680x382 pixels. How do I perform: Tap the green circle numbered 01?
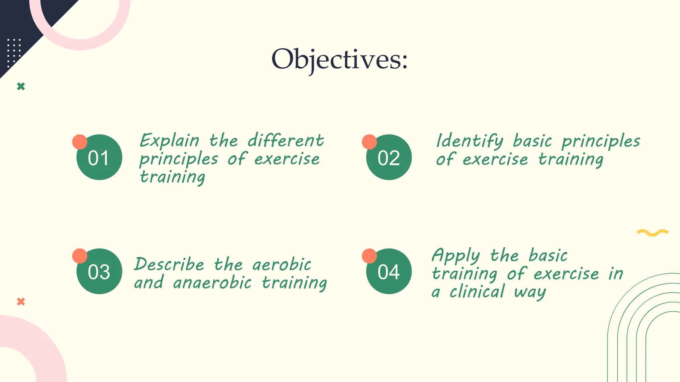pos(99,158)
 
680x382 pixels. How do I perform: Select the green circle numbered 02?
pos(389,158)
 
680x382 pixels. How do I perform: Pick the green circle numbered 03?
pos(99,272)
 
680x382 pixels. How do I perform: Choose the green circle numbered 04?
pos(389,272)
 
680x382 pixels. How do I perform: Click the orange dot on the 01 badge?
pos(80,142)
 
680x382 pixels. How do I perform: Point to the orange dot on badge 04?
pos(369,256)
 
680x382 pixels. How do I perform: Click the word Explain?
pos(169,141)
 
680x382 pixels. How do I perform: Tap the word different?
pos(286,141)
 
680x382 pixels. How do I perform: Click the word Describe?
pos(169,265)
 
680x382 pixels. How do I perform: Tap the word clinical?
pos(477,292)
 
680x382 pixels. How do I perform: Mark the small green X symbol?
pos(21,87)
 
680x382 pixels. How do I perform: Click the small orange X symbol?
pos(21,301)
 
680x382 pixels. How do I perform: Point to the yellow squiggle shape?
pos(652,232)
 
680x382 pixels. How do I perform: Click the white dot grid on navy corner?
pos(14,52)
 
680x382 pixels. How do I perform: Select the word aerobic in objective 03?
pos(282,265)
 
